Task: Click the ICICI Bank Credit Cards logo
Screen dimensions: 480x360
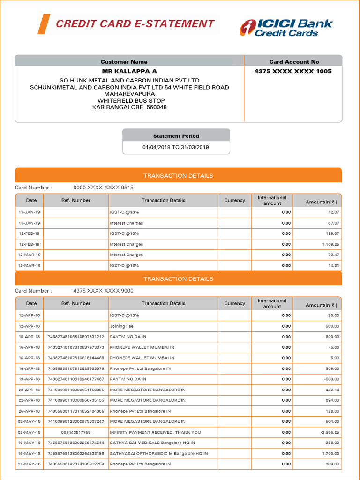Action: (x=286, y=28)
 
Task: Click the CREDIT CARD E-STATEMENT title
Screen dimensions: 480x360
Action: (x=135, y=24)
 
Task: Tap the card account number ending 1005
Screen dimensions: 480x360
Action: (x=293, y=71)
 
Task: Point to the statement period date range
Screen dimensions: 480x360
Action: (x=176, y=147)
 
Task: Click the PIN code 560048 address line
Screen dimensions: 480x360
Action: (x=129, y=107)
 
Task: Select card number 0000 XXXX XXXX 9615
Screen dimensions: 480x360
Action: (x=103, y=187)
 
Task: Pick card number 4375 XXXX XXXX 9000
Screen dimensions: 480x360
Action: (x=103, y=291)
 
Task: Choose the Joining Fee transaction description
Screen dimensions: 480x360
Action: (x=121, y=326)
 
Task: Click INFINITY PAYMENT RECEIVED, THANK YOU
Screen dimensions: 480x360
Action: (x=155, y=432)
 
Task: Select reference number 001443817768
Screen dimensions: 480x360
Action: (x=76, y=432)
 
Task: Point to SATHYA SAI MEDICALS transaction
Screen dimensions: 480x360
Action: (x=152, y=442)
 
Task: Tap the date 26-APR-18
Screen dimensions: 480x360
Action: (x=29, y=411)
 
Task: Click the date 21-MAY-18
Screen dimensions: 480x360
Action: (x=29, y=464)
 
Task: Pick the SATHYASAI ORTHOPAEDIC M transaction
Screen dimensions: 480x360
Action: (x=158, y=453)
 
